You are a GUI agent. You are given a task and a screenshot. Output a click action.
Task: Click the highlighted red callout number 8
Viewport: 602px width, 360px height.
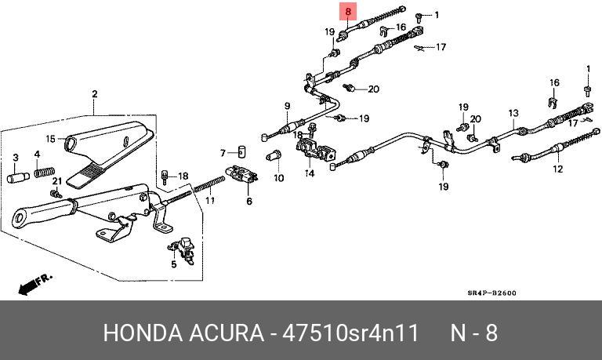[348, 13]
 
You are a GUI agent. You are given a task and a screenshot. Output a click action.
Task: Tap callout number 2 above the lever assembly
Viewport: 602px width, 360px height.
[94, 96]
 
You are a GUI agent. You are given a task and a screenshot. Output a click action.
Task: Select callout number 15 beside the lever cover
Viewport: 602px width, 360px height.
[16, 158]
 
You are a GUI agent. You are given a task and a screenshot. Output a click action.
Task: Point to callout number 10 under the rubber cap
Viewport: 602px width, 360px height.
[278, 178]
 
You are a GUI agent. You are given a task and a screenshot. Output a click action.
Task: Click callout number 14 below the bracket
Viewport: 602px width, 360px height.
[310, 173]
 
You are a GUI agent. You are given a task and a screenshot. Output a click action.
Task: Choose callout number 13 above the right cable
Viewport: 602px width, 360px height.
[513, 114]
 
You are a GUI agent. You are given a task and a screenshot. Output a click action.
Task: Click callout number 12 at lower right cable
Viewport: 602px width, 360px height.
[557, 168]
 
